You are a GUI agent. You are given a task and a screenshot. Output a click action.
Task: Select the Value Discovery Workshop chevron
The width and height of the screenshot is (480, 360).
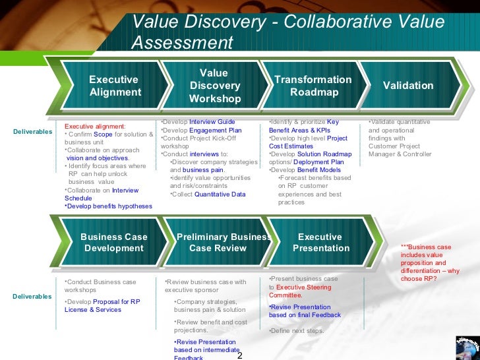coord(214,86)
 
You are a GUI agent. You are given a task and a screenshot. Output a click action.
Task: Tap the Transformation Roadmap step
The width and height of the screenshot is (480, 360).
coord(313,86)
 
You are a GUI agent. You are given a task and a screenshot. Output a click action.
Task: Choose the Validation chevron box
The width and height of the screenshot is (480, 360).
coord(408,86)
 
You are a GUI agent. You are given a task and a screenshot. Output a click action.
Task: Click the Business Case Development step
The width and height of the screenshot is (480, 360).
coord(114,243)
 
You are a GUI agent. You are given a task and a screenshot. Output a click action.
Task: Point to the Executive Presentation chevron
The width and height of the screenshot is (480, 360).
coord(320,243)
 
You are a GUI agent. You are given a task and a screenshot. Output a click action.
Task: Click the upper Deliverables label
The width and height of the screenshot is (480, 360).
coord(32,132)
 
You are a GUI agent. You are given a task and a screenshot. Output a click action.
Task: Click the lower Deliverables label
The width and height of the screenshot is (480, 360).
coord(32,297)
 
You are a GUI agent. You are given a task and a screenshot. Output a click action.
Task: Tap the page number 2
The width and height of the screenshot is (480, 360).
coord(239,355)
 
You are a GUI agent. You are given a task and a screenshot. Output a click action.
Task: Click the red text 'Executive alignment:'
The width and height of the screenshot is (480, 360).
coord(95,125)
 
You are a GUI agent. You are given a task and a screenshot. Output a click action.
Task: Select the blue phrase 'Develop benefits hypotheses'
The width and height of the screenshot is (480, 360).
coord(109,206)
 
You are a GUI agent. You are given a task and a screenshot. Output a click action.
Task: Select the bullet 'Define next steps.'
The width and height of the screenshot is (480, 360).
coord(297,330)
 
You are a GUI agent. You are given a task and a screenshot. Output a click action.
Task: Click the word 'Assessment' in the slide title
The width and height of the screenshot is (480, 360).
coord(183,43)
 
